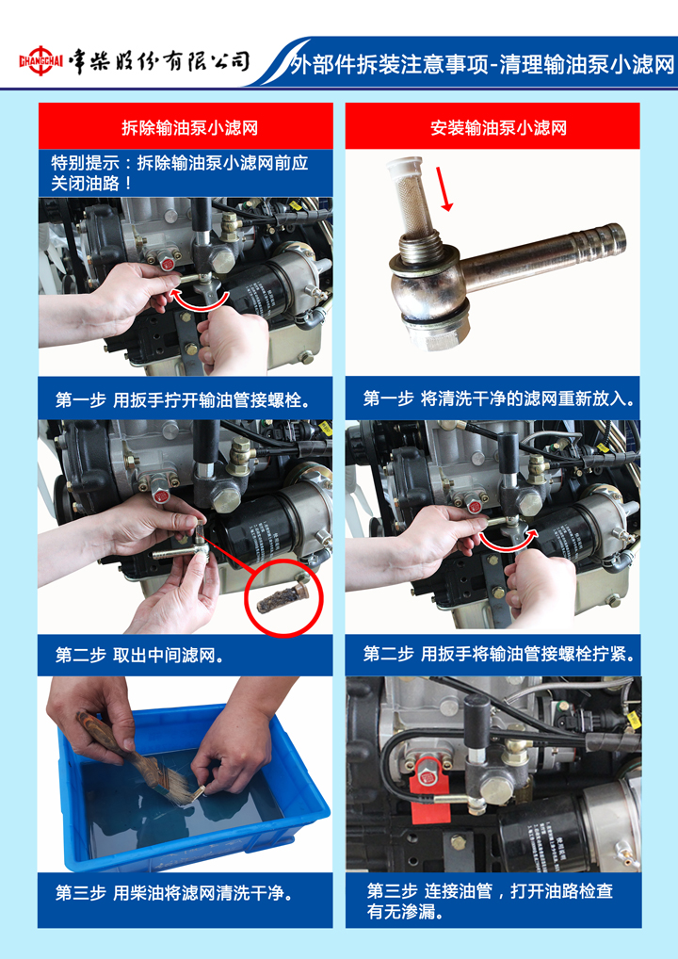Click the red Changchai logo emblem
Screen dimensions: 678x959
pos(40,60)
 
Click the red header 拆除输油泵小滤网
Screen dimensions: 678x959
pos(189,128)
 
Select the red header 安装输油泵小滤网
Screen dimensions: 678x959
pos(498,128)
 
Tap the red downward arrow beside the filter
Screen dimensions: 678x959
pos(444,187)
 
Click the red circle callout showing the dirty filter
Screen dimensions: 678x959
pos(282,597)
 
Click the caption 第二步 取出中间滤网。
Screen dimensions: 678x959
pos(139,655)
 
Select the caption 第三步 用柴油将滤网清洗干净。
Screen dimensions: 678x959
pos(174,893)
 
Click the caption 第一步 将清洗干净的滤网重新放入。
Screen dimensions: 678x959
pos(498,398)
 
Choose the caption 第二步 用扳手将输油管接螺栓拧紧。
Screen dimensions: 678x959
pos(498,653)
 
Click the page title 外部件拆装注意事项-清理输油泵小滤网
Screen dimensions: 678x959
pos(482,64)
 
